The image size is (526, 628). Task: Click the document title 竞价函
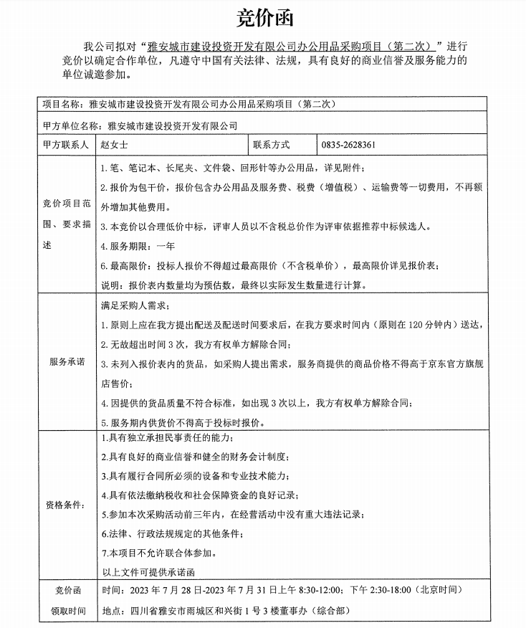point(264,16)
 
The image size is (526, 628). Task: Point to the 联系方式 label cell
point(271,145)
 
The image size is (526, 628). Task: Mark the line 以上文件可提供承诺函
point(148,572)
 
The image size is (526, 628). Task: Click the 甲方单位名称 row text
point(140,124)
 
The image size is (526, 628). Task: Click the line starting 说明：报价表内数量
point(233,285)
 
